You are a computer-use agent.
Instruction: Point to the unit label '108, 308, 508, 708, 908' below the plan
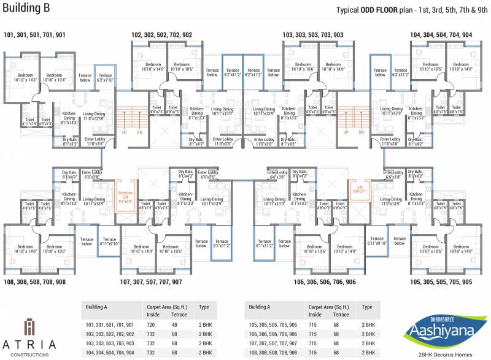pyautogui.click(x=34, y=281)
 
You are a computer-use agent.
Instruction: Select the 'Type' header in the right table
pyautogui.click(x=367, y=307)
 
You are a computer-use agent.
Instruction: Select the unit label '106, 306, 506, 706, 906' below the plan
pyautogui.click(x=316, y=281)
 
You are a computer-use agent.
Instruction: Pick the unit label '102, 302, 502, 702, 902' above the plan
pyautogui.click(x=161, y=35)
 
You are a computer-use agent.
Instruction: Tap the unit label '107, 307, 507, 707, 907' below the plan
pyautogui.click(x=151, y=281)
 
